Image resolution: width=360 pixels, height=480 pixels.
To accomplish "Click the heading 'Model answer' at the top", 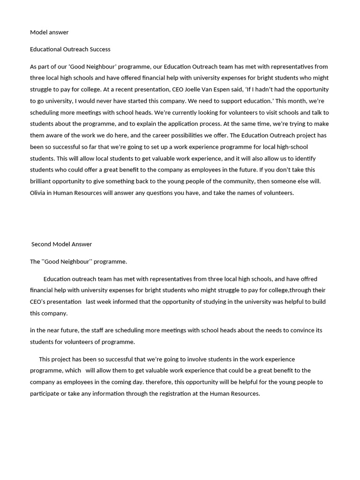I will click(x=49, y=32).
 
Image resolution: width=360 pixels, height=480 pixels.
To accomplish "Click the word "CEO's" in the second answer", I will click(x=39, y=302).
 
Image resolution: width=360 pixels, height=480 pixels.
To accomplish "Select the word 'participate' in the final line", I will click(x=46, y=394).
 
